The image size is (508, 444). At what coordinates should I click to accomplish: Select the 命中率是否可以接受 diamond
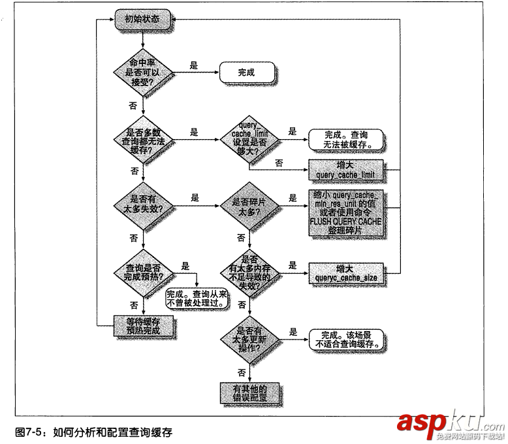tap(142, 72)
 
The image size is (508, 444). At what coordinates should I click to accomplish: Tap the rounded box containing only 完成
tap(246, 72)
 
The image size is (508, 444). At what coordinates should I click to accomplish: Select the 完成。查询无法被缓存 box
tap(344, 138)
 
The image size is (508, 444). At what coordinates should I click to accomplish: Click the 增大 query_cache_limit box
tap(344, 169)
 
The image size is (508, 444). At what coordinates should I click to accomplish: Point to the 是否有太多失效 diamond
tap(142, 203)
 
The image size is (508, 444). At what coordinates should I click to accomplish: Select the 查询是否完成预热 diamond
tap(142, 272)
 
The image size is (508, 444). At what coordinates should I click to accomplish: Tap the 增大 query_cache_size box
tap(345, 272)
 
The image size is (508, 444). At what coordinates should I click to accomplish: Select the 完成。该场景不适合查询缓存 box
tap(344, 338)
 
